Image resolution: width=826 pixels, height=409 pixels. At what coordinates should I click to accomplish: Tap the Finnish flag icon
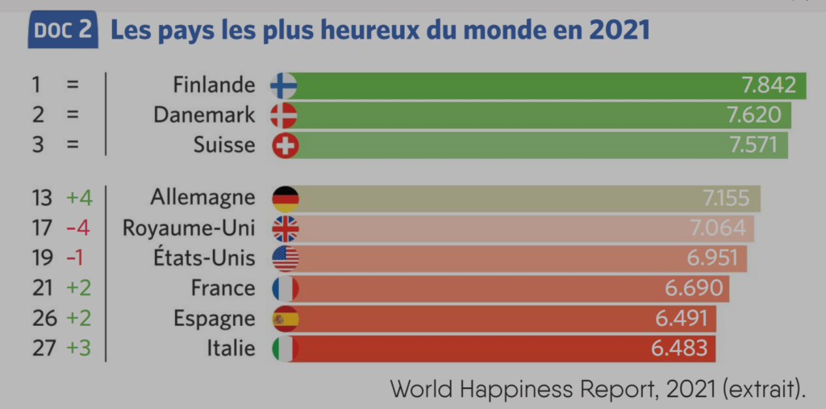point(284,85)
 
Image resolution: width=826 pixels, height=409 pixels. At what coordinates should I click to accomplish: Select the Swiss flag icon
point(284,145)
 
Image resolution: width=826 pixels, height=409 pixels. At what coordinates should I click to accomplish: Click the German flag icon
point(285,198)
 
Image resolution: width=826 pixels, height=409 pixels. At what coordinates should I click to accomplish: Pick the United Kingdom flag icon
point(285,228)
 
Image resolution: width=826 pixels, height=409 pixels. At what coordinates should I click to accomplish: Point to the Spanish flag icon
point(285,319)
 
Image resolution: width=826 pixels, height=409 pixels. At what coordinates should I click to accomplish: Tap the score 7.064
point(718,228)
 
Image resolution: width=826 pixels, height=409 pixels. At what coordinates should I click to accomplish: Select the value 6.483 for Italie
point(678,348)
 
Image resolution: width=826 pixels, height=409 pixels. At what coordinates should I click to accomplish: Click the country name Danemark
point(204,115)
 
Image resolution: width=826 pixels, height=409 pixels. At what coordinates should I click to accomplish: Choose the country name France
point(223,288)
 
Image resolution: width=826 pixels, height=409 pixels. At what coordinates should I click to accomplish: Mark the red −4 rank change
point(77,228)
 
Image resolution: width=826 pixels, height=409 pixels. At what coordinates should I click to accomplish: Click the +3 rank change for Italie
point(78,348)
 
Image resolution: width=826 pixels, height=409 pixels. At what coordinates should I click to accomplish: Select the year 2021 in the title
point(619,31)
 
